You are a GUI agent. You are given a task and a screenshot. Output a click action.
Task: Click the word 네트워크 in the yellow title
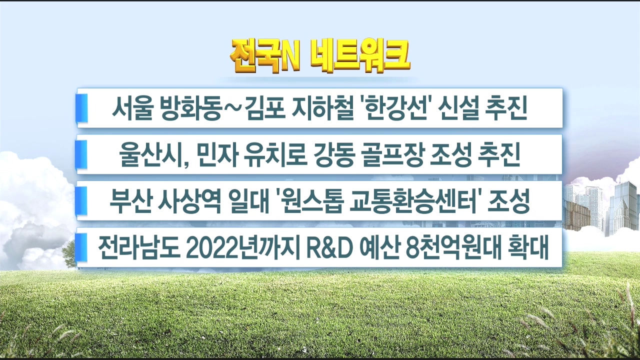[360, 57]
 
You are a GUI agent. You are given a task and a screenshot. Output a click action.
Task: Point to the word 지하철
[321, 108]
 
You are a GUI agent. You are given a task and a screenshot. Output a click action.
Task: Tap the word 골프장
[392, 154]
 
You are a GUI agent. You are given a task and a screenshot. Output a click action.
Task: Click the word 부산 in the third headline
[129, 201]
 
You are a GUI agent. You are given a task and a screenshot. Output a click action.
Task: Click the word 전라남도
[139, 248]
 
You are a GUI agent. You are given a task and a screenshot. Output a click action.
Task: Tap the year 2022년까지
[244, 248]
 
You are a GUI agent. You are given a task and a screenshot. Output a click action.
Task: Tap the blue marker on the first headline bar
[81, 108]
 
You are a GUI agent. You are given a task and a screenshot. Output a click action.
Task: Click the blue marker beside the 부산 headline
[81, 201]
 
